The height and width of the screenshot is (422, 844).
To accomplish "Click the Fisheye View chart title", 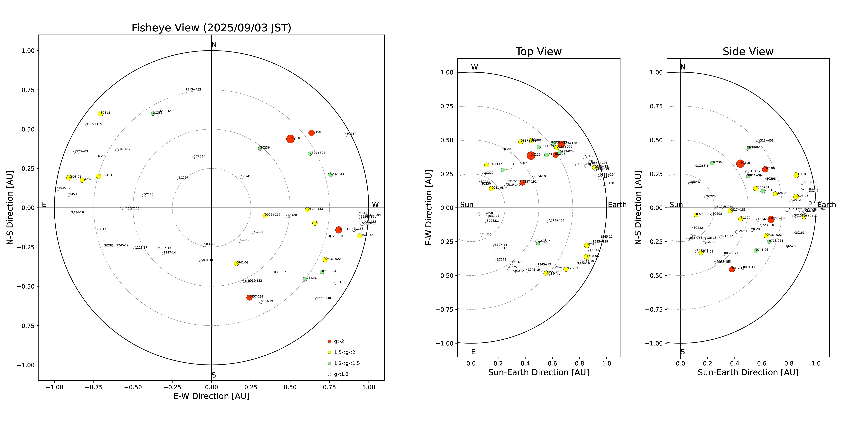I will pyautogui.click(x=211, y=28).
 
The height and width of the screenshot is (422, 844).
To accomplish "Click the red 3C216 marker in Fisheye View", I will pyautogui.click(x=290, y=139).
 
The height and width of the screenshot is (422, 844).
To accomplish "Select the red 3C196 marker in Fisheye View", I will pyautogui.click(x=311, y=133).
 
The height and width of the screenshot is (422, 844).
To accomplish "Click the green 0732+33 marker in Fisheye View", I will pyautogui.click(x=330, y=175).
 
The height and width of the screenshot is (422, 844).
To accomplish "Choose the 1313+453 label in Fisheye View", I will pyautogui.click(x=193, y=89).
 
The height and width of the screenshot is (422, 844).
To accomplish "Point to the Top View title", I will pyautogui.click(x=538, y=52).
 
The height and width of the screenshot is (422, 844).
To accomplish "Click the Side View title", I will pyautogui.click(x=748, y=52).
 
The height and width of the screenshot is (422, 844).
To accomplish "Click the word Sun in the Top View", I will pyautogui.click(x=467, y=205).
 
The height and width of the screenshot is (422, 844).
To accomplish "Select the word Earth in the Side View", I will pyautogui.click(x=827, y=205).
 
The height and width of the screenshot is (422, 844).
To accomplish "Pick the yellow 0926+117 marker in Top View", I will pyautogui.click(x=487, y=165).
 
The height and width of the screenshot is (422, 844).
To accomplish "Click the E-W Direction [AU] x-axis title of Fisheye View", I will pyautogui.click(x=211, y=396).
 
